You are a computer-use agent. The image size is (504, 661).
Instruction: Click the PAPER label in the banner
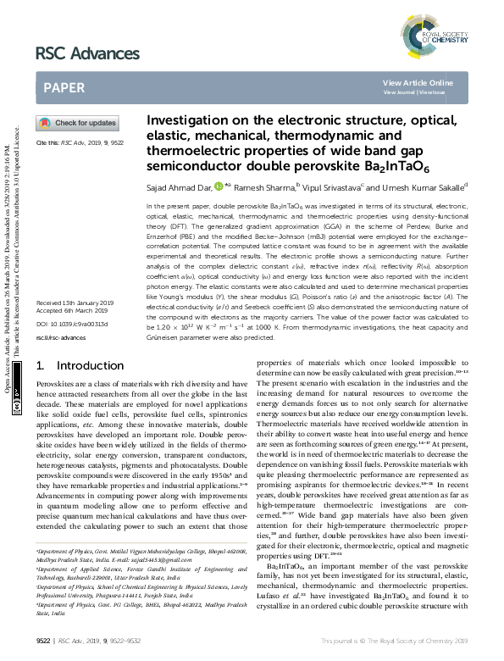coord(64,87)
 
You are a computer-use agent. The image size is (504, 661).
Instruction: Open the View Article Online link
coord(418,82)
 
